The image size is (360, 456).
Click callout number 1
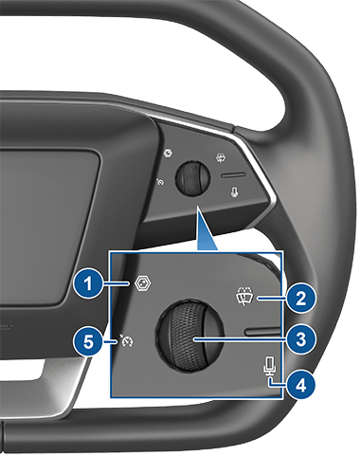coord(89,283)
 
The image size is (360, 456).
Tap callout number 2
coord(301,298)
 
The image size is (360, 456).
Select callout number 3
coord(301,339)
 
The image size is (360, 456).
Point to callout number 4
coord(301,385)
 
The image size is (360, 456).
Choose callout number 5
coord(89,341)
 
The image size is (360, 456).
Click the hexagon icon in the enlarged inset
coord(143,283)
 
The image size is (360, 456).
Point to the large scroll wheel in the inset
coord(189,335)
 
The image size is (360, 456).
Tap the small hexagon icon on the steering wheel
coord(169,154)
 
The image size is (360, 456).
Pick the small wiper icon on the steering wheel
coord(221,158)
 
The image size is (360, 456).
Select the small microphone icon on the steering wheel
coord(234,192)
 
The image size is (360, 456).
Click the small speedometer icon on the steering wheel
coord(160,182)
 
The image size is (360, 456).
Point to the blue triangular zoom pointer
coord(206,229)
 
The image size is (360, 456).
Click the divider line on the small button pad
coord(233,174)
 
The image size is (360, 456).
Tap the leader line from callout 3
coord(240,339)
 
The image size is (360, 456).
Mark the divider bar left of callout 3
coord(262,331)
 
